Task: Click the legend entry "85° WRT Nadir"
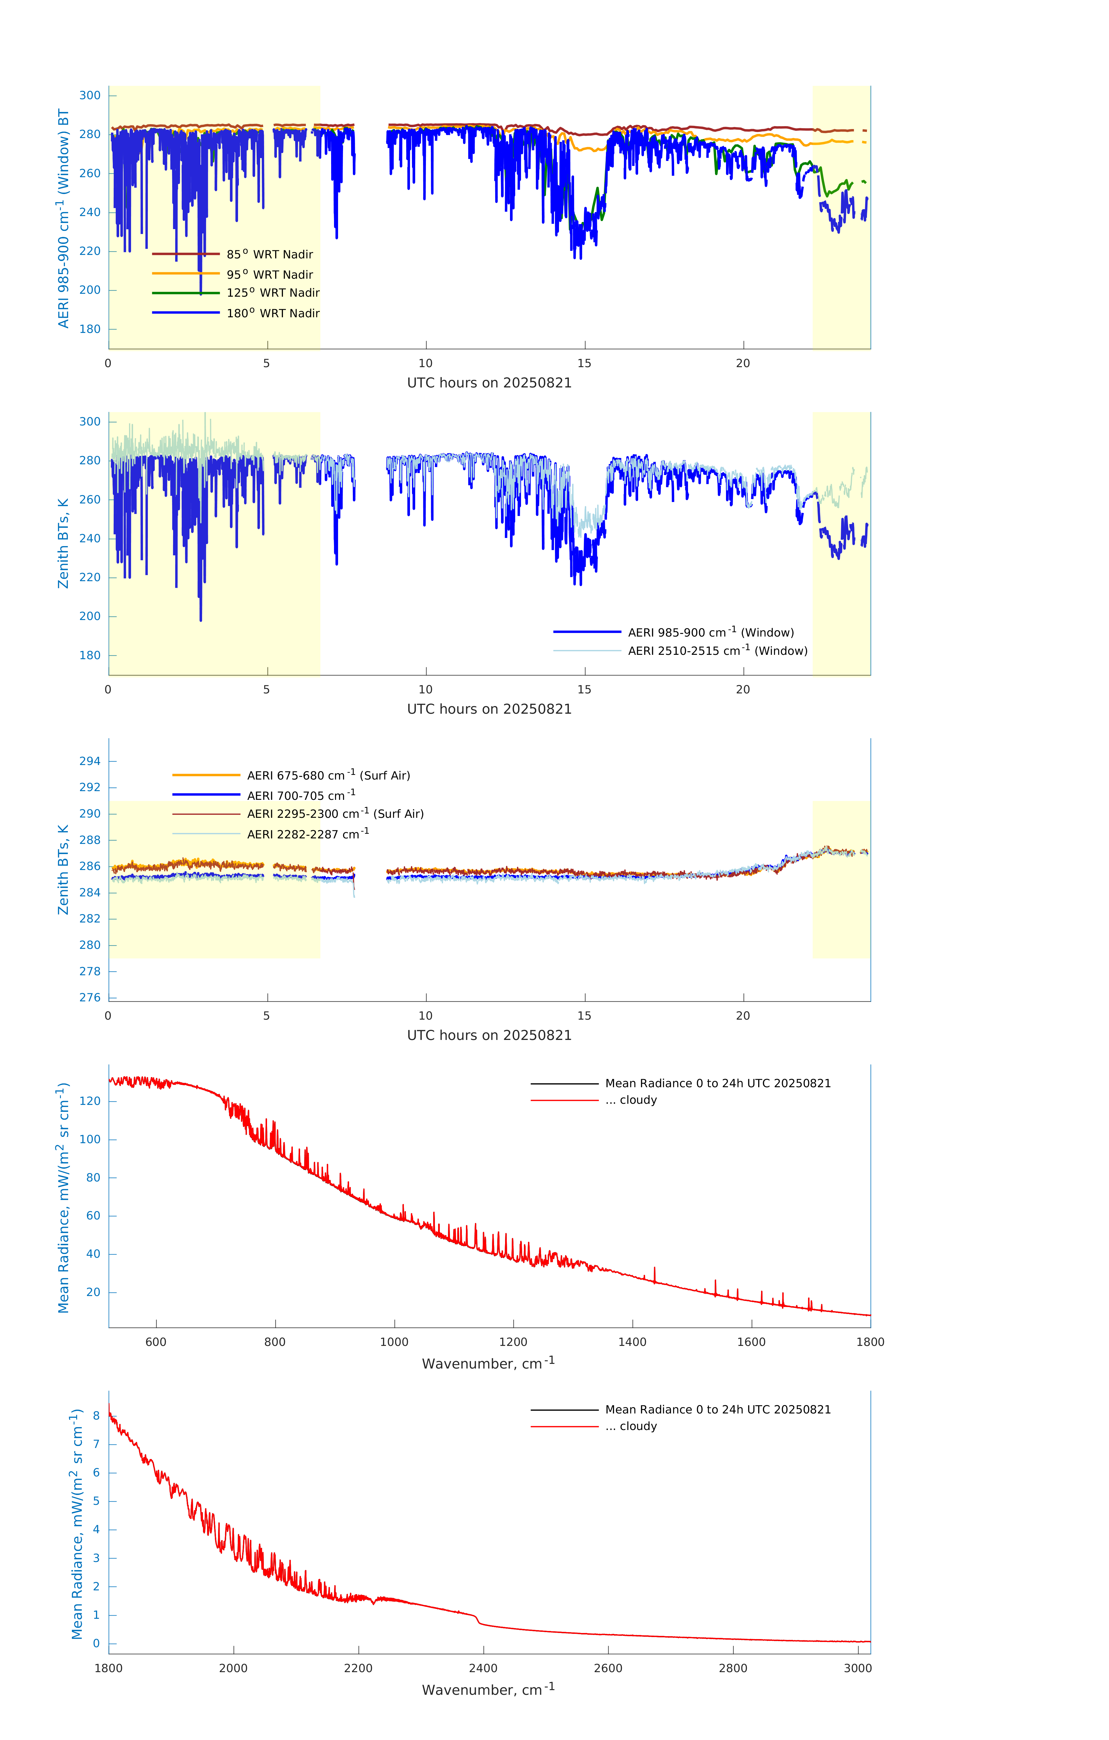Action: click(269, 254)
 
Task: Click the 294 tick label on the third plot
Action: click(90, 761)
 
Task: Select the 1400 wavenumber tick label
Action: click(632, 1342)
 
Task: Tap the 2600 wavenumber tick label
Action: click(608, 1668)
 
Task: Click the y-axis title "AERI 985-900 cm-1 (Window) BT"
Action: click(63, 218)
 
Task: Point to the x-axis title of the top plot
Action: click(489, 383)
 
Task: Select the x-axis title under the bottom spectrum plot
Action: click(488, 1690)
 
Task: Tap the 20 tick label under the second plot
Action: click(743, 689)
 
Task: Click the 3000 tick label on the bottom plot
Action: click(858, 1668)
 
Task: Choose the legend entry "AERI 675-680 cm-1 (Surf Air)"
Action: click(328, 775)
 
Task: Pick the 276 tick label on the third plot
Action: click(90, 997)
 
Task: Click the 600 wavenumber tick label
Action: click(156, 1342)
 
